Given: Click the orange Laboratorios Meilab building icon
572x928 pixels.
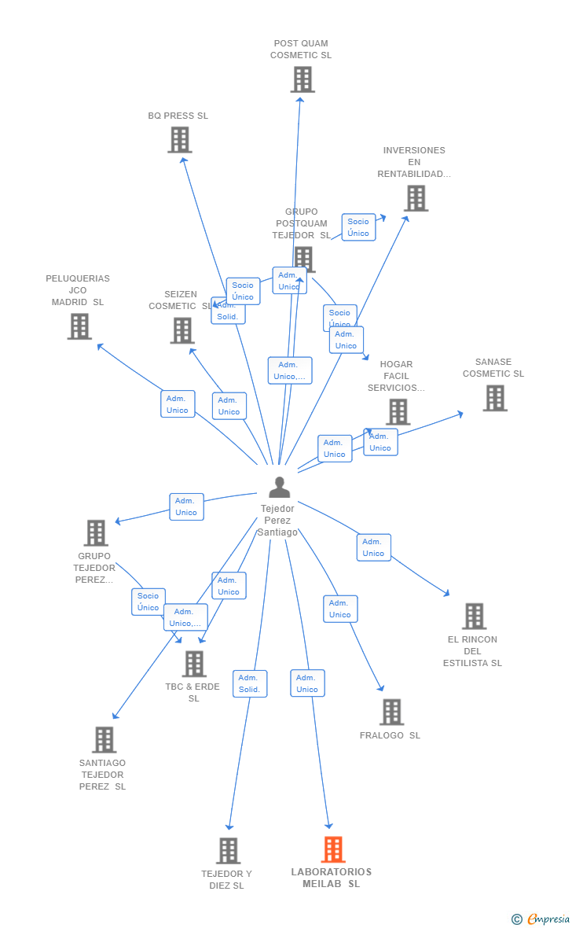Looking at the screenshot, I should pos(333,849).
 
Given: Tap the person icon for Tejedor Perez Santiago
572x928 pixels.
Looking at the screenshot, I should pos(279,488).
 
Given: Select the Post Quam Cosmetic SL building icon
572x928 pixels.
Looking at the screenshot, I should pos(302,79).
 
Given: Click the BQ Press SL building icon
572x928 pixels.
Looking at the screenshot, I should pos(180,140).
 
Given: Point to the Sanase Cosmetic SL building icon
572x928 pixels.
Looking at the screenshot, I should pos(495,398).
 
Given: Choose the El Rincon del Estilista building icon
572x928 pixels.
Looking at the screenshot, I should pos(474,617).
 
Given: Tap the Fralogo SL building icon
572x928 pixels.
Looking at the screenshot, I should pos(391,712).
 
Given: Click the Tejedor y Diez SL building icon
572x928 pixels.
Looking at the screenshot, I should pos(229,850).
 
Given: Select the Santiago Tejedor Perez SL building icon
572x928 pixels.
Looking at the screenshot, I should pos(104,740).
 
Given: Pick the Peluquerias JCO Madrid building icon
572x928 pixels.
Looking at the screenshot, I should pos(79,326).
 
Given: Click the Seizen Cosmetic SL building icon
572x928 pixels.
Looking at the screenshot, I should pos(182,330).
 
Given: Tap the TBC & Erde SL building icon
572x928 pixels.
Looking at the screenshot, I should pos(194,664).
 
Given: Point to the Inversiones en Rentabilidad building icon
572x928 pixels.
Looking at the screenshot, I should pos(416,198).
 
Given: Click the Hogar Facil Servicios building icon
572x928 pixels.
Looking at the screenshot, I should pos(398,411).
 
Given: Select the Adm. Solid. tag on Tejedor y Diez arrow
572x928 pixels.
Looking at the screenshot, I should pos(250,683).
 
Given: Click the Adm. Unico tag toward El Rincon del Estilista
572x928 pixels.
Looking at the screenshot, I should pos(373,547).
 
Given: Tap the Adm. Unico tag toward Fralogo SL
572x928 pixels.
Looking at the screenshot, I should pos(340,609).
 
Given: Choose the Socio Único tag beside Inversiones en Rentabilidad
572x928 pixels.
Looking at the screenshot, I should pos(358,227).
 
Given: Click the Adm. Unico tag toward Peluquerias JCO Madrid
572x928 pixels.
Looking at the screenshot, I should pos(178,404).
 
